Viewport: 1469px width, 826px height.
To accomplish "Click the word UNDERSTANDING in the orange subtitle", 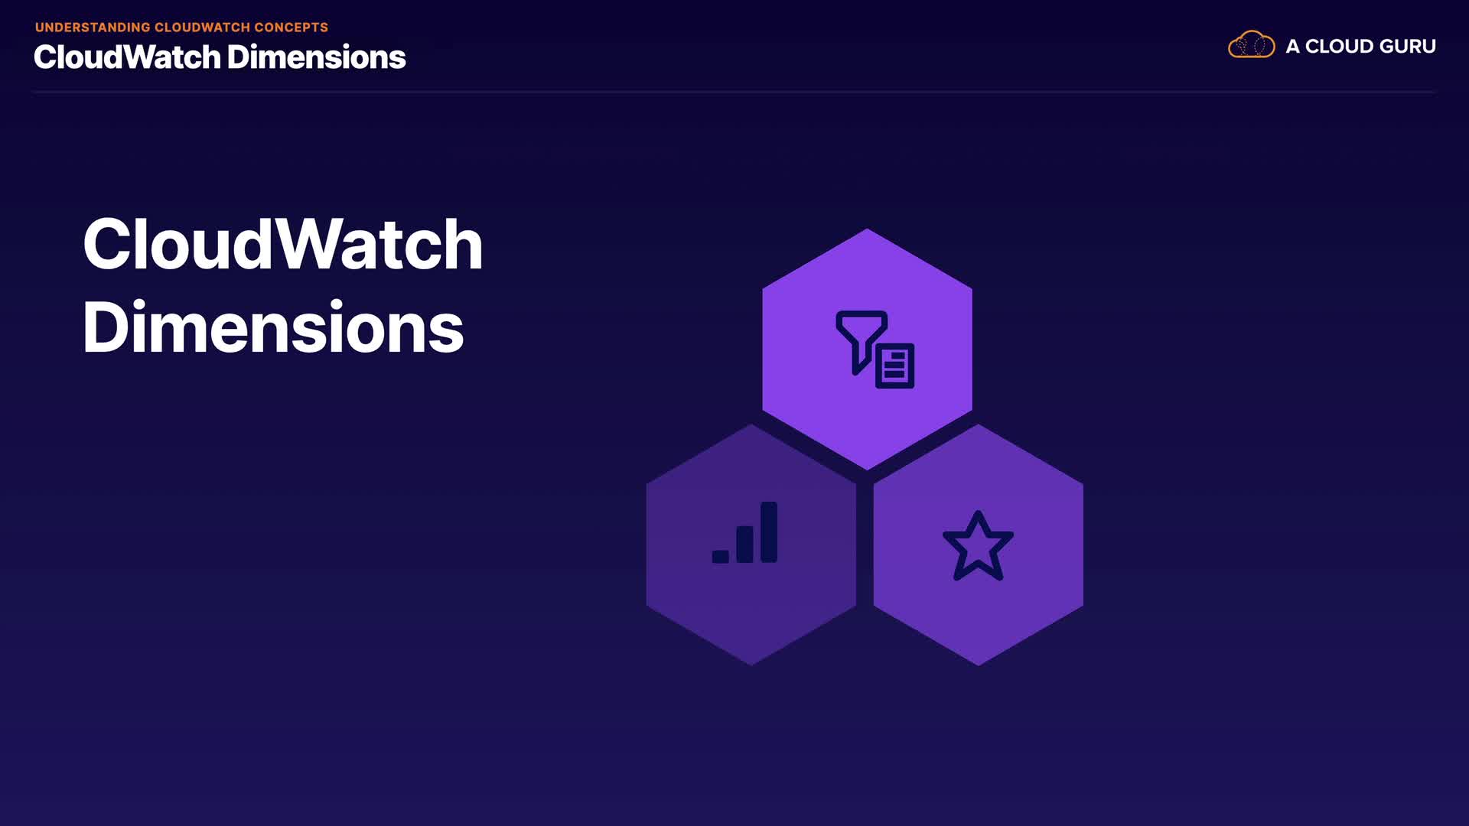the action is pos(93,28).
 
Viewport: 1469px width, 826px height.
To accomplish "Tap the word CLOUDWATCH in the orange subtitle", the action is pos(202,28).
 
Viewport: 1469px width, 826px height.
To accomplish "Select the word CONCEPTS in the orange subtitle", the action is pos(291,28).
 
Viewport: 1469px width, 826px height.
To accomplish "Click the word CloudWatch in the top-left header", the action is pos(127,57).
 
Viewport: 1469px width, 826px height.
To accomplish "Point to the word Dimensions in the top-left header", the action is pos(316,57).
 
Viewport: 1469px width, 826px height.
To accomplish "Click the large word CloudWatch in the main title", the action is pos(282,244).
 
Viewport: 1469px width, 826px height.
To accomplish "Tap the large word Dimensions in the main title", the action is pos(273,327).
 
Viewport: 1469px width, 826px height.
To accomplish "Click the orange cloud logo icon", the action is pos(1252,45).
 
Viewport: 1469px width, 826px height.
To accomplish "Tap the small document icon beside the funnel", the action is pos(894,366).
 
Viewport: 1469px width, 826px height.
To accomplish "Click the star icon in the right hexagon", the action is pos(978,546).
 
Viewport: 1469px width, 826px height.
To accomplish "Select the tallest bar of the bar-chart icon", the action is pos(769,532).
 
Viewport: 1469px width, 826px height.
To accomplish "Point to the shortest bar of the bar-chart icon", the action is pos(720,556).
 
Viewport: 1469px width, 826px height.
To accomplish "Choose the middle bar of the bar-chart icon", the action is pos(744,544).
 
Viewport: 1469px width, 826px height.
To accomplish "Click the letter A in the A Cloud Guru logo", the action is pos(1292,47).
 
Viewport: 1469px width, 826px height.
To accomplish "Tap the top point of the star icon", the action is pos(978,512).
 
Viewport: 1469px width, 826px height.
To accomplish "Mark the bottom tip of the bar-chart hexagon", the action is pos(751,665).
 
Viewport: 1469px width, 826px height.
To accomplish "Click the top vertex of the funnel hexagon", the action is pos(867,229).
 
